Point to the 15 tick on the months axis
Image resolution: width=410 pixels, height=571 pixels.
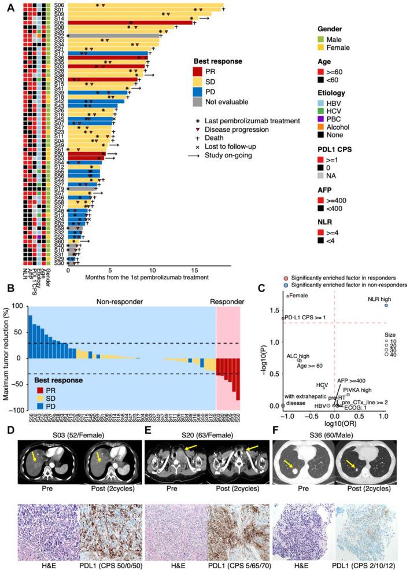click(195, 270)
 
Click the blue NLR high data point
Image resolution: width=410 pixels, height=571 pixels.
click(386, 305)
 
